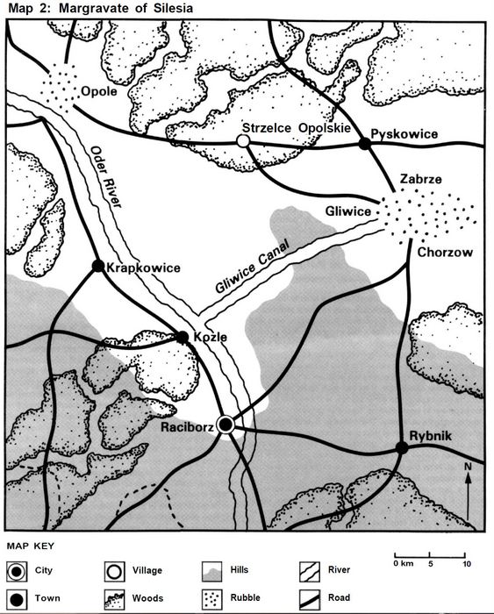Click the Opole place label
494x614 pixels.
(x=99, y=89)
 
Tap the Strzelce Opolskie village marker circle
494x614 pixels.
(x=243, y=140)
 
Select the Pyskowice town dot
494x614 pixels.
(x=365, y=142)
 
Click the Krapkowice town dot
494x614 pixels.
(x=98, y=266)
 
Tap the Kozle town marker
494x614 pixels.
(x=183, y=336)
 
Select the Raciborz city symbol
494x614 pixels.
(x=226, y=425)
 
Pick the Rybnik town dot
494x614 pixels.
(x=401, y=448)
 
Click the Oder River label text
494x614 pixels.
(x=104, y=176)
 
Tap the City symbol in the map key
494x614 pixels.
(x=18, y=570)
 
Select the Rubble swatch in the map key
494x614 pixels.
(x=213, y=600)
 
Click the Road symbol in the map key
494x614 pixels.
(x=310, y=600)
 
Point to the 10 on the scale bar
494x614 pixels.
(x=467, y=563)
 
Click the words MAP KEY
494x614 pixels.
(x=30, y=547)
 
